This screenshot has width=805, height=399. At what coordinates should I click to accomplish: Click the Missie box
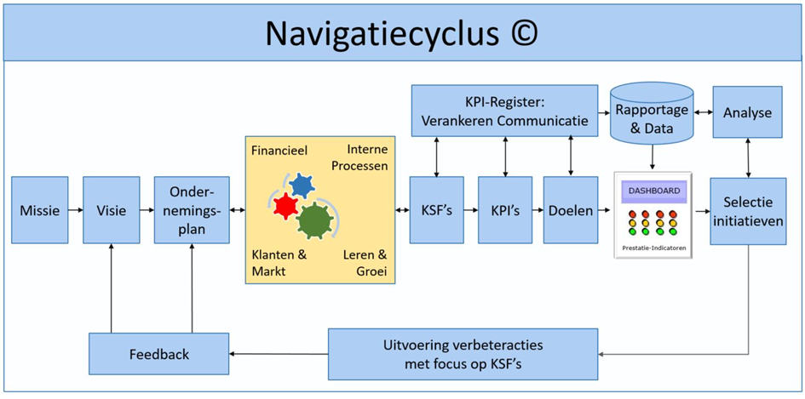pos(39,210)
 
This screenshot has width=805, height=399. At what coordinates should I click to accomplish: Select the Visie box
pos(111,210)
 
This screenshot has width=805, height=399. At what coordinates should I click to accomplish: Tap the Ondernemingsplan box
pos(192,210)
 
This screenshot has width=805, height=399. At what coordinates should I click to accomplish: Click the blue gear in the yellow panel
pos(301,185)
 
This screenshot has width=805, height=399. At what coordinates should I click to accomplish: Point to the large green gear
pos(316,221)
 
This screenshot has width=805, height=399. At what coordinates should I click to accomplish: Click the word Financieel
pos(279,151)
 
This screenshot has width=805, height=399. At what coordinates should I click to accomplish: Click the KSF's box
pos(436,210)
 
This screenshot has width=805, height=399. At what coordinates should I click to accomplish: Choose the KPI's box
pos(504,210)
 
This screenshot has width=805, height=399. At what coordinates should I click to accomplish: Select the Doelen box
pos(571,210)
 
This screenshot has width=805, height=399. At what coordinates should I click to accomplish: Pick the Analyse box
pos(747,111)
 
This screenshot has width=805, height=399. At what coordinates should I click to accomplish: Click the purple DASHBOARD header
pos(653,191)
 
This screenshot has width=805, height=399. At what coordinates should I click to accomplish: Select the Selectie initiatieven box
pos(747,210)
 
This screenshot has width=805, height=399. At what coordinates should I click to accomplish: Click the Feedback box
pos(159,354)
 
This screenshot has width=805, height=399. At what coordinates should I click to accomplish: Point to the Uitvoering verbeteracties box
pos(463,354)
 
